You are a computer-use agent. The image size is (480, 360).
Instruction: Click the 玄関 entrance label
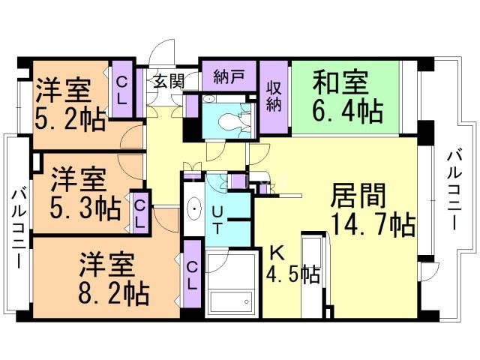[x=169, y=81]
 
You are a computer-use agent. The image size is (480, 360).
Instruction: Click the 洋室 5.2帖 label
[x=67, y=104]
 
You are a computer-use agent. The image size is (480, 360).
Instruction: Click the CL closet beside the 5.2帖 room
[x=121, y=88]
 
